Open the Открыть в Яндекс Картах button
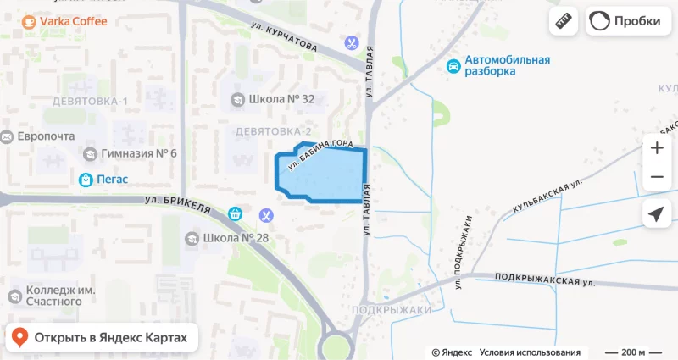coord(103,338)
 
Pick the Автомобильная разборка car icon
coord(454,65)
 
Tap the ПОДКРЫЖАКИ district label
coord(392,310)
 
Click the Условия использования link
coord(530,352)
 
